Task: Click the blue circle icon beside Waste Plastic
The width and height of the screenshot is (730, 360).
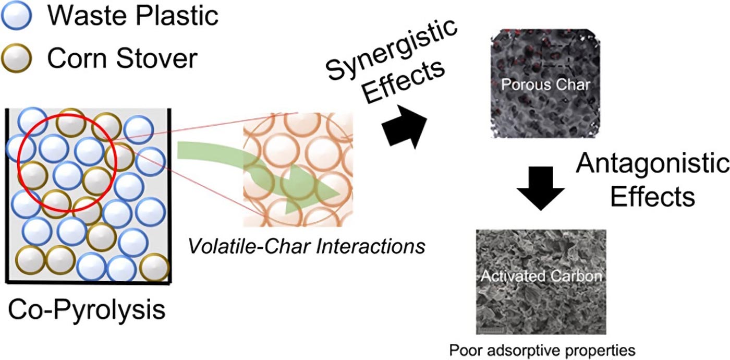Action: pos(17,16)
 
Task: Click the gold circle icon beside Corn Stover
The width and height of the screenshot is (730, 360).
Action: pos(17,57)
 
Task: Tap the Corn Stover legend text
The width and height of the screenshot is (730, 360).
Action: pos(123,58)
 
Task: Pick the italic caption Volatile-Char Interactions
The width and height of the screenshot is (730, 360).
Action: pos(307,245)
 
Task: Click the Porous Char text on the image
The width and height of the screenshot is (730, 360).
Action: pos(545,84)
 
